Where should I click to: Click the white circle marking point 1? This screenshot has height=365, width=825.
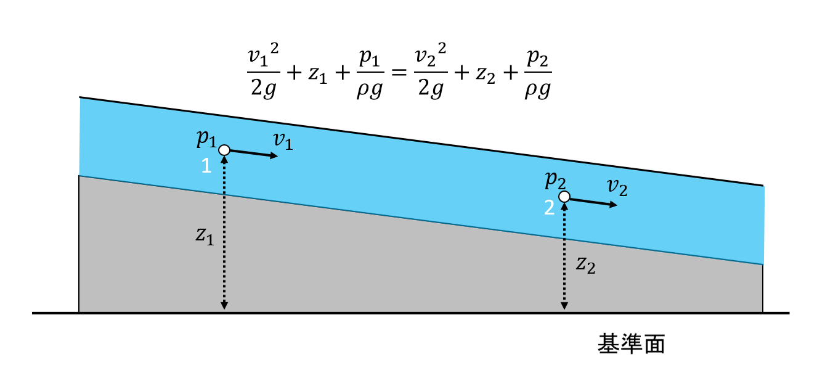(224, 150)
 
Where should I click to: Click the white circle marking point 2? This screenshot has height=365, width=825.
(564, 197)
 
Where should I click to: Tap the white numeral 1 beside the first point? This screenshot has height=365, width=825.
(206, 166)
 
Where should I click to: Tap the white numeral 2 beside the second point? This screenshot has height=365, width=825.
(549, 208)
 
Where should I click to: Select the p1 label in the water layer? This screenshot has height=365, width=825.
(206, 138)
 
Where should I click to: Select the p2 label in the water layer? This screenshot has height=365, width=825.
(555, 181)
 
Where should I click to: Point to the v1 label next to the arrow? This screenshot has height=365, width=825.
(283, 141)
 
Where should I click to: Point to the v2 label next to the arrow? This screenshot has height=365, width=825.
(617, 187)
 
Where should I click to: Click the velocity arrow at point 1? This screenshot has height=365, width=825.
(254, 154)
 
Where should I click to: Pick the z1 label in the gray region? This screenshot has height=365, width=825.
(205, 236)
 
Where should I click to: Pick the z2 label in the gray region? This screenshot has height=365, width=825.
(585, 265)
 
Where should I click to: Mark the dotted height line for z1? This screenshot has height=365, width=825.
(224, 233)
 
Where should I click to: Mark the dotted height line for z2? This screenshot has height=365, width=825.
(564, 256)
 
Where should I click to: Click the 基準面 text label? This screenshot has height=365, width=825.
(632, 344)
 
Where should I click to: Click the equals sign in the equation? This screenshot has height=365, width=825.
(400, 72)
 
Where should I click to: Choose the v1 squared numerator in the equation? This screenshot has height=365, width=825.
(263, 55)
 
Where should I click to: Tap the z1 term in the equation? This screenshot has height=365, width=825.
(318, 74)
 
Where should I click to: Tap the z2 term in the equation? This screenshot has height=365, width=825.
(486, 74)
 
